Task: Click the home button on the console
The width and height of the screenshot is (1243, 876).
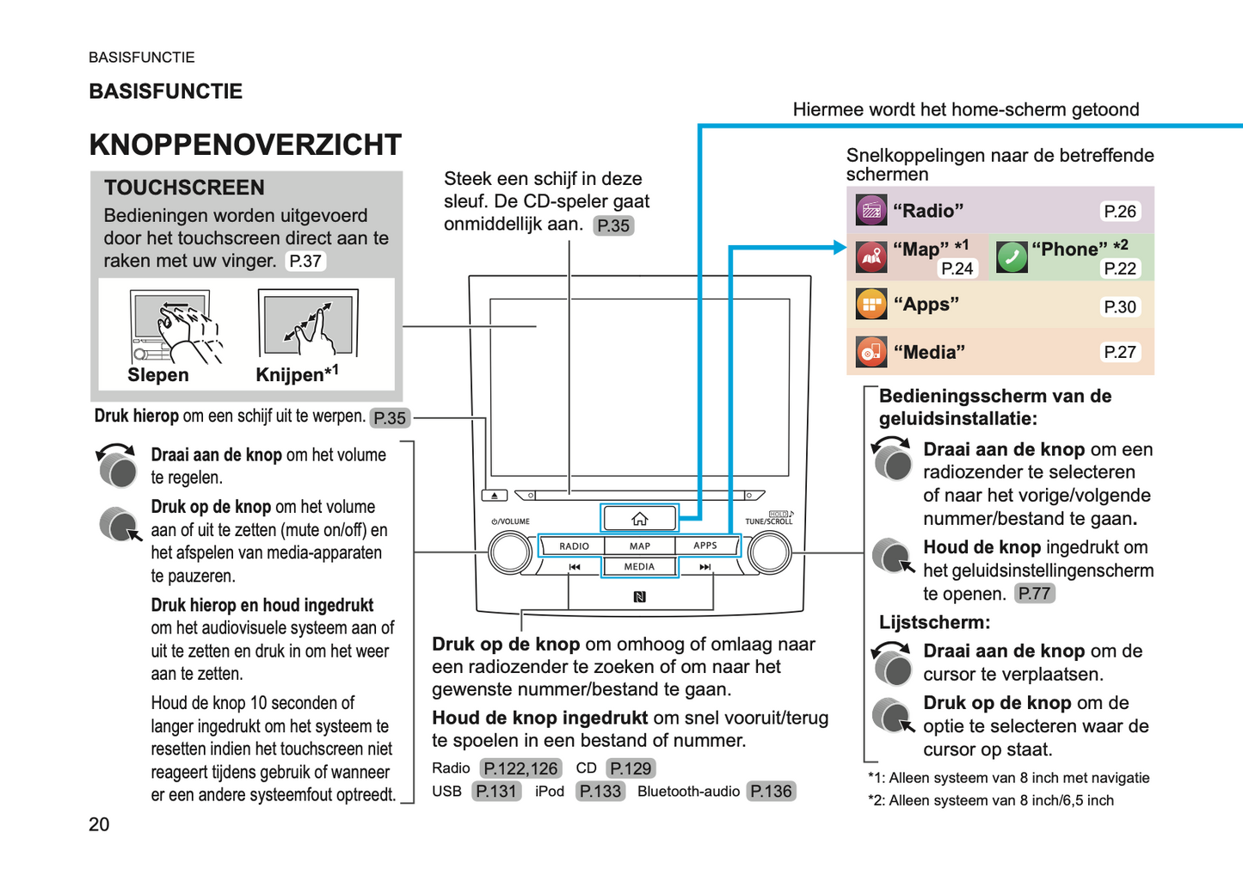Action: (639, 519)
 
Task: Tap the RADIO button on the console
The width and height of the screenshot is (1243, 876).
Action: (574, 546)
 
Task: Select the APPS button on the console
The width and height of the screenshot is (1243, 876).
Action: (705, 546)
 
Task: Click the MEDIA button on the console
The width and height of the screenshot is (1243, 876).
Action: (639, 567)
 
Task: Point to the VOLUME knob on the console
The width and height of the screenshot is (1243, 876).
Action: (510, 553)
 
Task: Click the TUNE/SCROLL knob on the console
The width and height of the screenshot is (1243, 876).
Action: (769, 553)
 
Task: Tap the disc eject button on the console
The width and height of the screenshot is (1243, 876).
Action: (495, 496)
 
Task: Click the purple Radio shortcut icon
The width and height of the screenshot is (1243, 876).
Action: (871, 210)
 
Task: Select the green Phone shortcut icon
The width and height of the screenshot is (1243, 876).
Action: (1012, 256)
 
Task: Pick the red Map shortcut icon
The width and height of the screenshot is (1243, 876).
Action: (871, 256)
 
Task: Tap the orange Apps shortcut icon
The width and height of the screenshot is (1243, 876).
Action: (871, 305)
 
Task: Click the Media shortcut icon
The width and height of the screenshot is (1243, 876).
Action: (871, 352)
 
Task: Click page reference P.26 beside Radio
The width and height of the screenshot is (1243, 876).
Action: (1120, 212)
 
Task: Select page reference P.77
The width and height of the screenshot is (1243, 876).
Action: (1034, 594)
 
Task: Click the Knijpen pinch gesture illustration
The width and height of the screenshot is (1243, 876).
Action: (308, 324)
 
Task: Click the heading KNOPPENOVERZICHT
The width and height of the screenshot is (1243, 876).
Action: (245, 145)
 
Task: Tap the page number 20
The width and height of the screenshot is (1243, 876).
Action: (99, 824)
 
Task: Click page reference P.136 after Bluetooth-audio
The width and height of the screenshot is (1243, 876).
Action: (771, 792)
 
